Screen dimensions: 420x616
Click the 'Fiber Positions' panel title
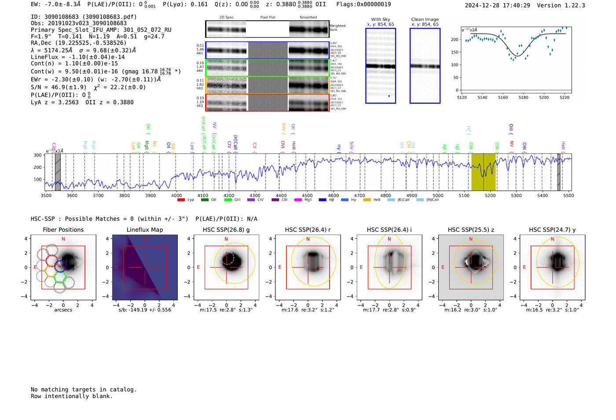63,230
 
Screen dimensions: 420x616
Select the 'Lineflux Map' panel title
145,230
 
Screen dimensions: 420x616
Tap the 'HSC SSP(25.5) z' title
471,230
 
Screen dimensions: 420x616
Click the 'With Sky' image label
381,19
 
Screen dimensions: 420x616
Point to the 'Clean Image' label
425,19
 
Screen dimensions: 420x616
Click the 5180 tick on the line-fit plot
523,97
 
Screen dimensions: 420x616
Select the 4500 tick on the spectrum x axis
307,195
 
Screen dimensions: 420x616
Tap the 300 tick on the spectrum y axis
37,155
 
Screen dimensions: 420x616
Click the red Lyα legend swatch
181,200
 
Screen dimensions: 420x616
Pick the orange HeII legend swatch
367,200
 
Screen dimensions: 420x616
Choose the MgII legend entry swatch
298,200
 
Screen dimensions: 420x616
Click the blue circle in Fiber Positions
60,266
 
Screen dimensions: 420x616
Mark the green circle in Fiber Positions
59,278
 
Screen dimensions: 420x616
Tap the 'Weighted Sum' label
337,28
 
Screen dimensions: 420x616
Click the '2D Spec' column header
226,17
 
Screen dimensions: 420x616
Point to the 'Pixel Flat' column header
268,17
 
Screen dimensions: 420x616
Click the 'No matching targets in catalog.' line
84,390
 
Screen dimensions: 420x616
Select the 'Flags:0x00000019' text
363,4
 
